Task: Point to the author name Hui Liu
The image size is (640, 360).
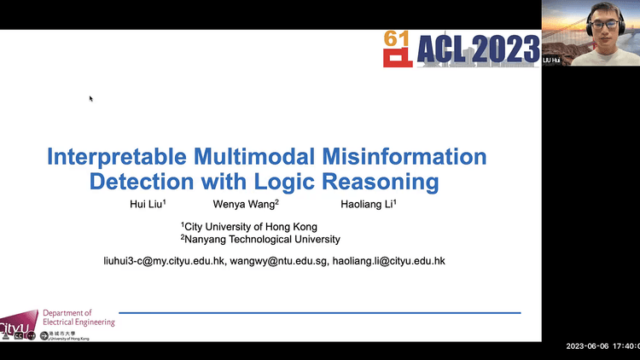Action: tap(146, 205)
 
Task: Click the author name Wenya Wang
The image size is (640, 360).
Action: tap(246, 205)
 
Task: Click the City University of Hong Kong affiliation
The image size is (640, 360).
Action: tap(249, 227)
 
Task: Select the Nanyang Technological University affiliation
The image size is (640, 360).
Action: tap(260, 240)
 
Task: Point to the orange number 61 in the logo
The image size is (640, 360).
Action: tap(396, 38)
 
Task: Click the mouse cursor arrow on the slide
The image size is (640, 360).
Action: tap(90, 98)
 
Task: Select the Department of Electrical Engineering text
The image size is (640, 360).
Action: tap(79, 317)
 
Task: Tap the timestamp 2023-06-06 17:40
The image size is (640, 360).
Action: tap(602, 346)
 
